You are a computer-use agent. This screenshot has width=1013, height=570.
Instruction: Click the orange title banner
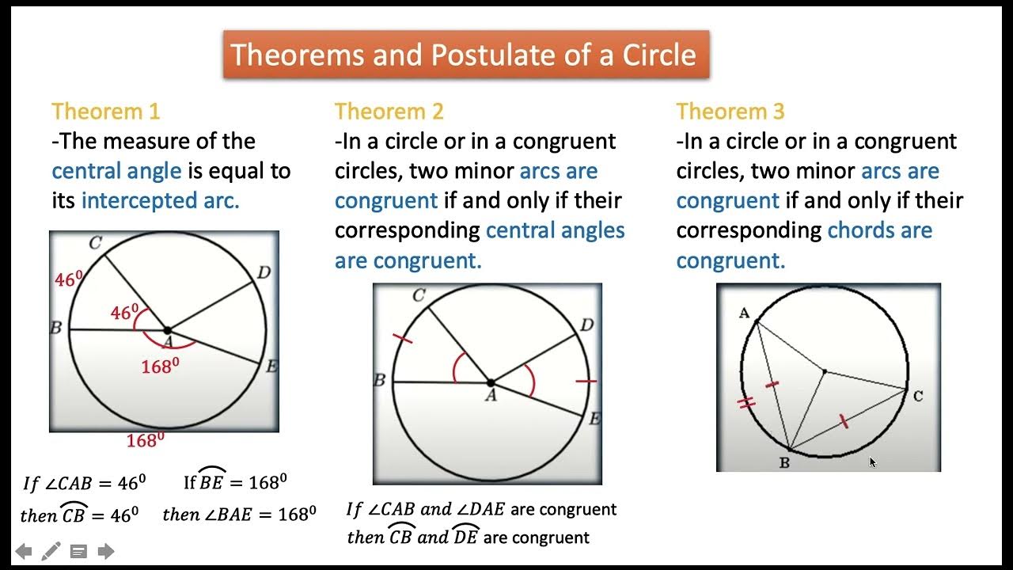click(465, 55)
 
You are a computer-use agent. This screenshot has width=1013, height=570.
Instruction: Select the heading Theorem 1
click(105, 111)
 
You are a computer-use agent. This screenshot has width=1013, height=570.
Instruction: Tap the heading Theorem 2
click(389, 111)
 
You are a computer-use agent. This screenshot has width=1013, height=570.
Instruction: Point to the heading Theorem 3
click(730, 111)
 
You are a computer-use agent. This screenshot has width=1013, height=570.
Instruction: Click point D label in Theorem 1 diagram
click(264, 273)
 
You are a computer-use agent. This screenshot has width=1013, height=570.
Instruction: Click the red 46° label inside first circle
click(125, 313)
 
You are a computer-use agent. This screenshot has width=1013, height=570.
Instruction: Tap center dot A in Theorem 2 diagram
click(491, 383)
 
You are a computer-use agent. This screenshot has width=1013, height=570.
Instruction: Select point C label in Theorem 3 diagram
click(917, 395)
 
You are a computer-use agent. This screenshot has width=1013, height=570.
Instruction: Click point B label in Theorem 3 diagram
click(784, 462)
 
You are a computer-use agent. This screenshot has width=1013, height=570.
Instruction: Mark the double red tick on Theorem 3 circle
click(746, 403)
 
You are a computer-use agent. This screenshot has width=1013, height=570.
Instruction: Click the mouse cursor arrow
click(872, 462)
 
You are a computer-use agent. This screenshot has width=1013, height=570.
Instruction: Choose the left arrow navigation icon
click(24, 551)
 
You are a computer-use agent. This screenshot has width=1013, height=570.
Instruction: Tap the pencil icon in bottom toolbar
click(51, 551)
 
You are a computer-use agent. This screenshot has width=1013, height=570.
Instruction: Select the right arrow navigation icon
click(105, 551)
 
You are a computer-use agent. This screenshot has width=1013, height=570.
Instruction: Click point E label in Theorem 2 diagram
click(594, 419)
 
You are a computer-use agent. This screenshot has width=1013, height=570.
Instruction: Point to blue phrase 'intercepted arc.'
click(160, 201)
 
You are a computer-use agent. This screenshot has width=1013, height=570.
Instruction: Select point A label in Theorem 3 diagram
click(744, 313)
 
